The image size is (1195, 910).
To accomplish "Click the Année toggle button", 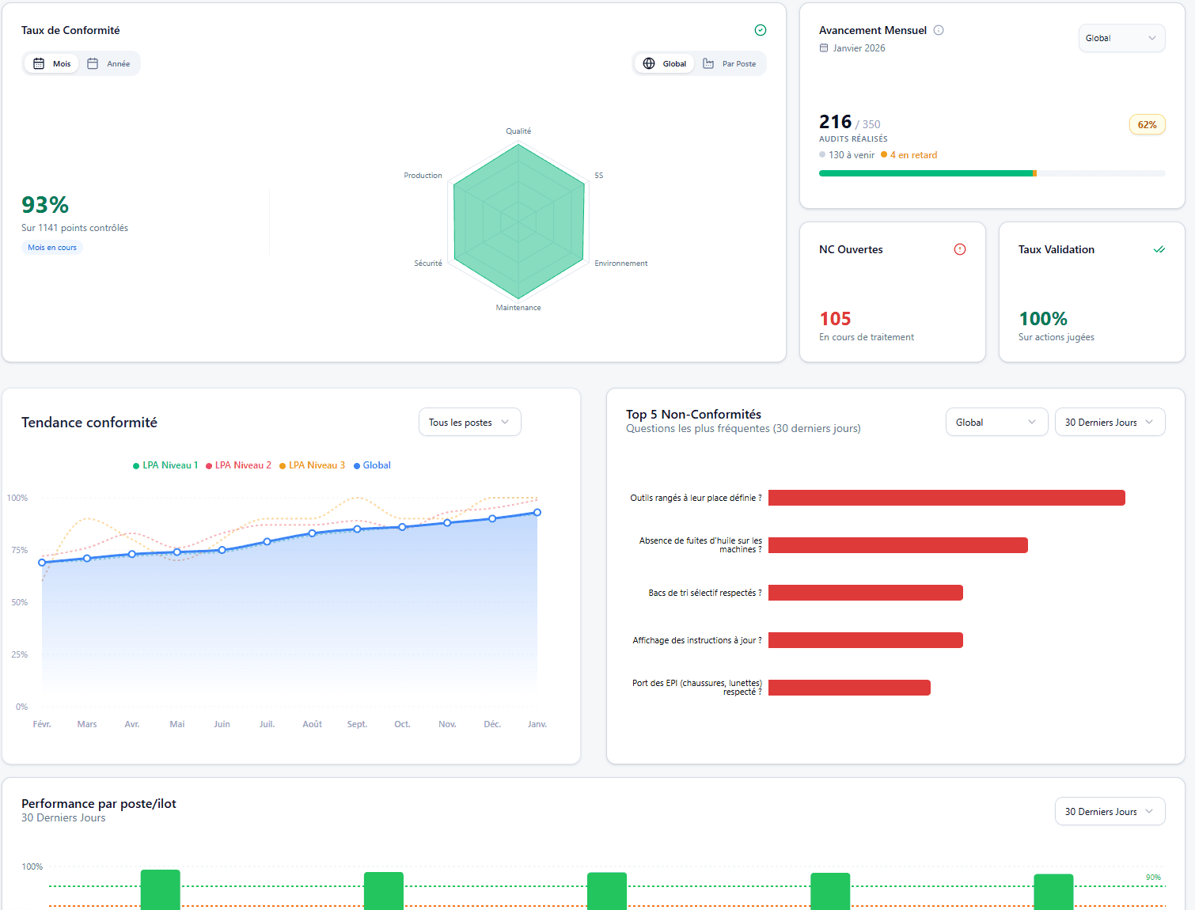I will (109, 64).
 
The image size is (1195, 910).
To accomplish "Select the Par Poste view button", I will (730, 64).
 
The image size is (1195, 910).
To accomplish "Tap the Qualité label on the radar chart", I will (518, 131).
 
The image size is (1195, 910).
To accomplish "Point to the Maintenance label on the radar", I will (518, 308).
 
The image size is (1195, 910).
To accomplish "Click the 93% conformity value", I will (45, 205).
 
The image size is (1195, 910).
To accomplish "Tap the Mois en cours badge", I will (52, 248).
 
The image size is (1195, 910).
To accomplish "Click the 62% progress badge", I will (1147, 125).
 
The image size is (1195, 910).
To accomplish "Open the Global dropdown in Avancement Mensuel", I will (1121, 38).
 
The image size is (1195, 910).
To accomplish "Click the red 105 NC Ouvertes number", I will (835, 319).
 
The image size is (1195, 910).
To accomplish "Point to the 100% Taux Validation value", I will (1042, 319).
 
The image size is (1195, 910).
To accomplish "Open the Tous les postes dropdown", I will (469, 423).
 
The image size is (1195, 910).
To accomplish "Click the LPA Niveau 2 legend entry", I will (238, 465).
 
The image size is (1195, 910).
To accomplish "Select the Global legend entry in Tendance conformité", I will (372, 465).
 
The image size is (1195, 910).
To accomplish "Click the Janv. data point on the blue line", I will (537, 513).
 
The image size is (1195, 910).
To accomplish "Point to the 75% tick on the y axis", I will (19, 550).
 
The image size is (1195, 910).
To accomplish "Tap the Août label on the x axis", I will (312, 724).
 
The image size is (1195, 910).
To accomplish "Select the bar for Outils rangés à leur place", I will (946, 498).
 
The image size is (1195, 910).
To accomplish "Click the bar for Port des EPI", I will (849, 688).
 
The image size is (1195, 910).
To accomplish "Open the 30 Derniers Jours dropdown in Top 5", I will (1109, 423).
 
